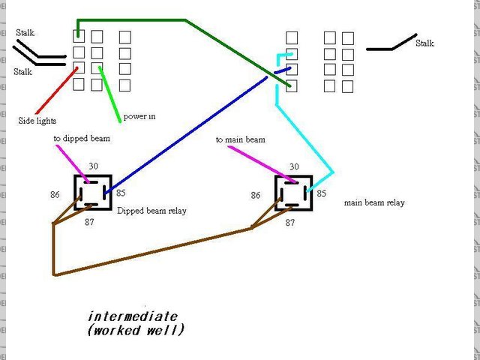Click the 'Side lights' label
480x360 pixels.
tap(37, 120)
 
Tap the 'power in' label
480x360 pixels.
tap(139, 116)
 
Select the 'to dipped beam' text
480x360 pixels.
tap(79, 139)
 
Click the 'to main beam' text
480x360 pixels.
tap(240, 139)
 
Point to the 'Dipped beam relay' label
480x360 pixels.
tap(151, 211)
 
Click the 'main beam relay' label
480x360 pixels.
tap(374, 202)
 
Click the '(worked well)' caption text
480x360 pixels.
tap(135, 329)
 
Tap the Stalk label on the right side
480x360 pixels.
tap(424, 43)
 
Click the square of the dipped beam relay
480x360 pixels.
tap(93, 193)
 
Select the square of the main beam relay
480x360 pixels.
tap(294, 194)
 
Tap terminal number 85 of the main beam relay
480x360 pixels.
tap(322, 193)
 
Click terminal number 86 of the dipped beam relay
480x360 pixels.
tap(55, 195)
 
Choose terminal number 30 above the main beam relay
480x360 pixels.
tap(294, 166)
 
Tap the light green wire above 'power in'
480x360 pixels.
tap(109, 94)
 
